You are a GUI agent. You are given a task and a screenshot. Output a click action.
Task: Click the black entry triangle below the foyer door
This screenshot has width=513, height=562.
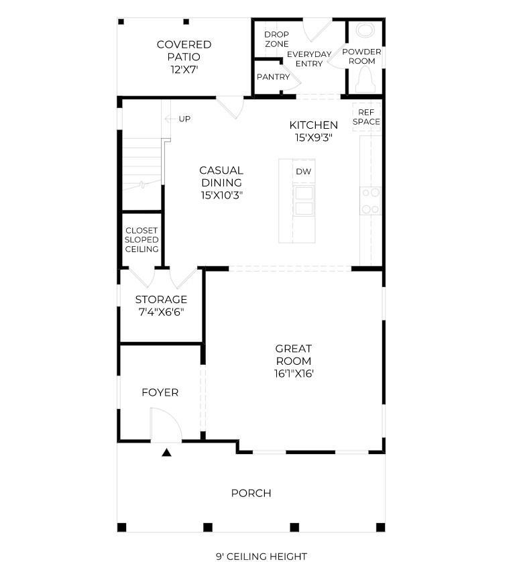point(166,453)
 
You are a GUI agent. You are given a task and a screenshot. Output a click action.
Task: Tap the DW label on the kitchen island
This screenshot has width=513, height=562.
point(304,172)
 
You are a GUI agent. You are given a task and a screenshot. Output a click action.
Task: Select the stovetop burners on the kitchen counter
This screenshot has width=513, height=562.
point(371,201)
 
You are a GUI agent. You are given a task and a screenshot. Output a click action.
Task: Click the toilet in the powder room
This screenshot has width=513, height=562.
point(365,80)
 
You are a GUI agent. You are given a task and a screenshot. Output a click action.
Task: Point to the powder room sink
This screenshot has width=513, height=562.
point(365,30)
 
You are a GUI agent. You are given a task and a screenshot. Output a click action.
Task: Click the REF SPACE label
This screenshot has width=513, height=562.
point(366,117)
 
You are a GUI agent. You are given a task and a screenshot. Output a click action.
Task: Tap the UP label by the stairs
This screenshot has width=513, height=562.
point(184,119)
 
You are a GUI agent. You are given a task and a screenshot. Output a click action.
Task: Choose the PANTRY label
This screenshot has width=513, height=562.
point(273,76)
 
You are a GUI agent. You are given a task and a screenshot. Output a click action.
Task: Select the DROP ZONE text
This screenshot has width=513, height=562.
point(277,39)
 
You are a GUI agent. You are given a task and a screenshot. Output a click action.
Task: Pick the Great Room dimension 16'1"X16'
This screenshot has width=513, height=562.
point(294,374)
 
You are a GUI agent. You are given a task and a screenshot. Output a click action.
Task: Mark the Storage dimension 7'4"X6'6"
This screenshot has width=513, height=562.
point(162,312)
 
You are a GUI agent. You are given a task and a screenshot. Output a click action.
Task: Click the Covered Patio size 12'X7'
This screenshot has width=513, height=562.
point(184,69)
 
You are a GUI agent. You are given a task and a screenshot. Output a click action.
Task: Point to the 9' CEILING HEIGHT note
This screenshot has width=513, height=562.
point(262,556)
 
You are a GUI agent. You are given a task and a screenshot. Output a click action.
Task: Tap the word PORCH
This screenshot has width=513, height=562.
point(251,493)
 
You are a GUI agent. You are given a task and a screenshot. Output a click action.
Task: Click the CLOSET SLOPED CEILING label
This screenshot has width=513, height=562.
point(141,240)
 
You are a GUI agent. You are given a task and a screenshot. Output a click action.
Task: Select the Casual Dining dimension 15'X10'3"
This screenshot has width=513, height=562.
point(222,195)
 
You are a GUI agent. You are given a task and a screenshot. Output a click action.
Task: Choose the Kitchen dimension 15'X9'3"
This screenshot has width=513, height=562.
point(314,137)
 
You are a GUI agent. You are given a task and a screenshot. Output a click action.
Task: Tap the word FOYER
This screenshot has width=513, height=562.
point(160,392)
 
